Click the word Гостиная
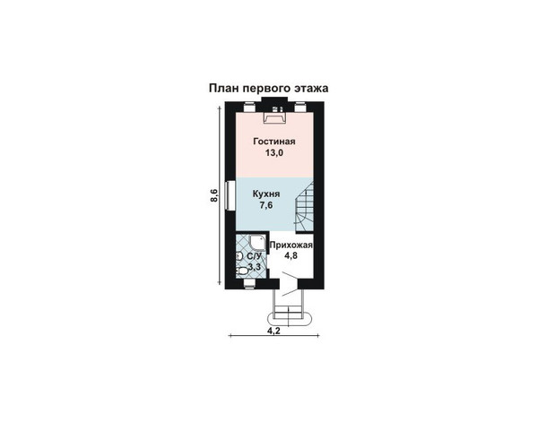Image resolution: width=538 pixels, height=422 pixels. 274,142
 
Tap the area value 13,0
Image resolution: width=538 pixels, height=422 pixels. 274,153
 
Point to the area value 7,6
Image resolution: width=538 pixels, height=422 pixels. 266,205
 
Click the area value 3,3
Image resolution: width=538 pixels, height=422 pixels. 255,266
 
